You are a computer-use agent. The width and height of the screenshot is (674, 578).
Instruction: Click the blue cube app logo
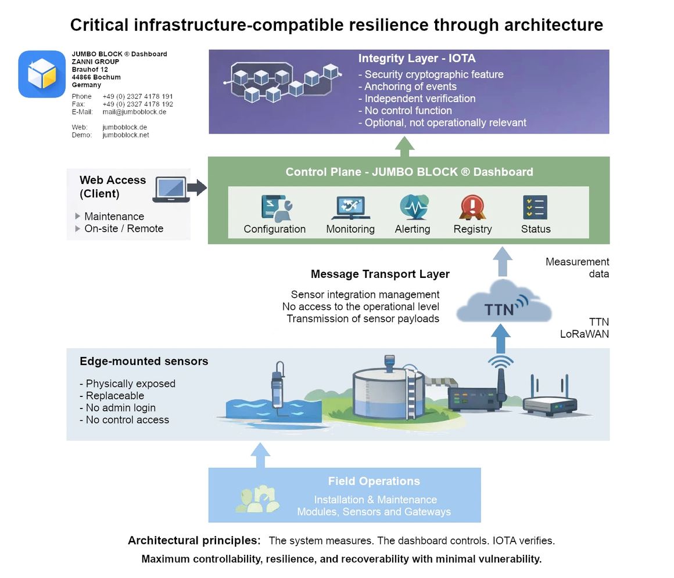42,74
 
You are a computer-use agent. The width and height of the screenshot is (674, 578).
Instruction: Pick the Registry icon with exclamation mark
472,207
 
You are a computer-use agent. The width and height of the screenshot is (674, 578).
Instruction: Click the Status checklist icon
535,207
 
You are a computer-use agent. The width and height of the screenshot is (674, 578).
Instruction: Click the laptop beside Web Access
171,190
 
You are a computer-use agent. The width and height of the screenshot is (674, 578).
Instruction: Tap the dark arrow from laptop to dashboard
198,187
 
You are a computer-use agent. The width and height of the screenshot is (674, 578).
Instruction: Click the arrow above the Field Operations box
260,455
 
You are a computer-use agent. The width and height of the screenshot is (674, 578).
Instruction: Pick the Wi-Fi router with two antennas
549,401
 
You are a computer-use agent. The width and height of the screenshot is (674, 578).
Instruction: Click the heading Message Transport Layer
380,274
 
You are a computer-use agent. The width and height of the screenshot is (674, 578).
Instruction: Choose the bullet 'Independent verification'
420,99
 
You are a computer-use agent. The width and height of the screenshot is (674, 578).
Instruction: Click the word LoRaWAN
585,334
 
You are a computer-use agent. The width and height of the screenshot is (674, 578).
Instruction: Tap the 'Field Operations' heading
374,481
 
